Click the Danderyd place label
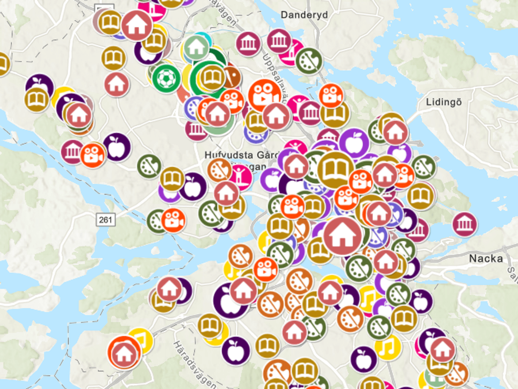pos(304,15)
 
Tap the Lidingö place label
pos(444,102)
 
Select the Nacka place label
pos(486,258)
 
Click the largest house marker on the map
pos(342,236)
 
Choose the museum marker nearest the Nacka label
pos(464,224)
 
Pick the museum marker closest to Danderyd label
pos(279,41)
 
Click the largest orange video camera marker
pos(263,95)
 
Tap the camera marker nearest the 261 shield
pos(173,220)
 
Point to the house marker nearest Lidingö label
pos(395,132)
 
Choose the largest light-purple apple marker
pos(354,143)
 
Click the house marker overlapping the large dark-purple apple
pos(243,291)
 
